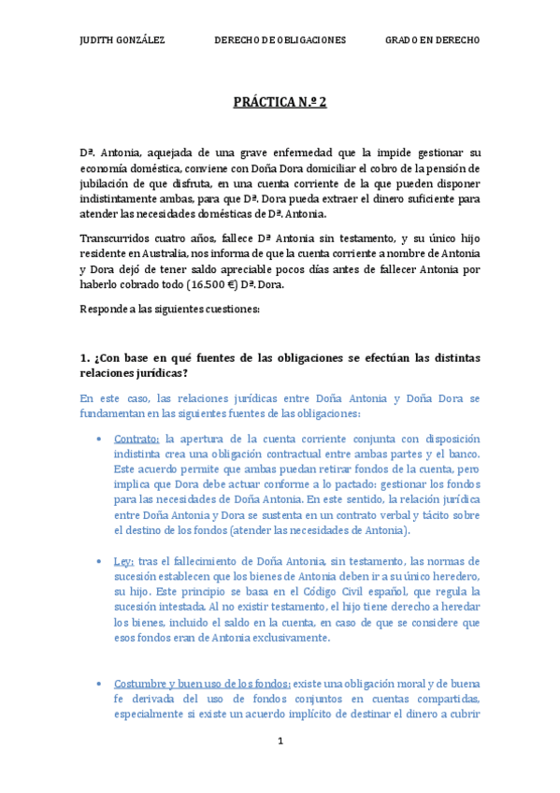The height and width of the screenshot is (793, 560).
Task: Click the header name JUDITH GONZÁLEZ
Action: [122, 40]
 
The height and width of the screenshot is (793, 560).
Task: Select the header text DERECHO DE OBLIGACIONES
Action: [280, 40]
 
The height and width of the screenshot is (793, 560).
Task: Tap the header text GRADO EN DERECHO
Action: [432, 40]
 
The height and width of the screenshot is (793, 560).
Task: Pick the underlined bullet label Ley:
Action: [123, 561]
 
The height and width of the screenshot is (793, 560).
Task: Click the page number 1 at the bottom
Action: [280, 741]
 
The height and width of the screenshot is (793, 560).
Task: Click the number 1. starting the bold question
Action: [84, 357]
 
